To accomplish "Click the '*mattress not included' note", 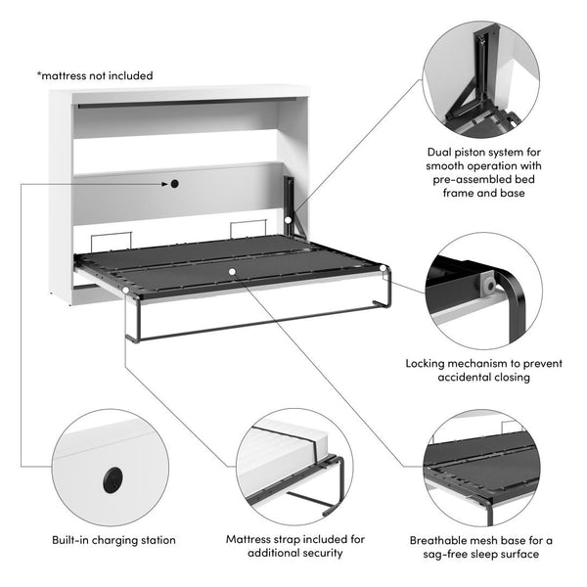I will click(95, 75).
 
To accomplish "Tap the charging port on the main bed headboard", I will click(173, 183).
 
